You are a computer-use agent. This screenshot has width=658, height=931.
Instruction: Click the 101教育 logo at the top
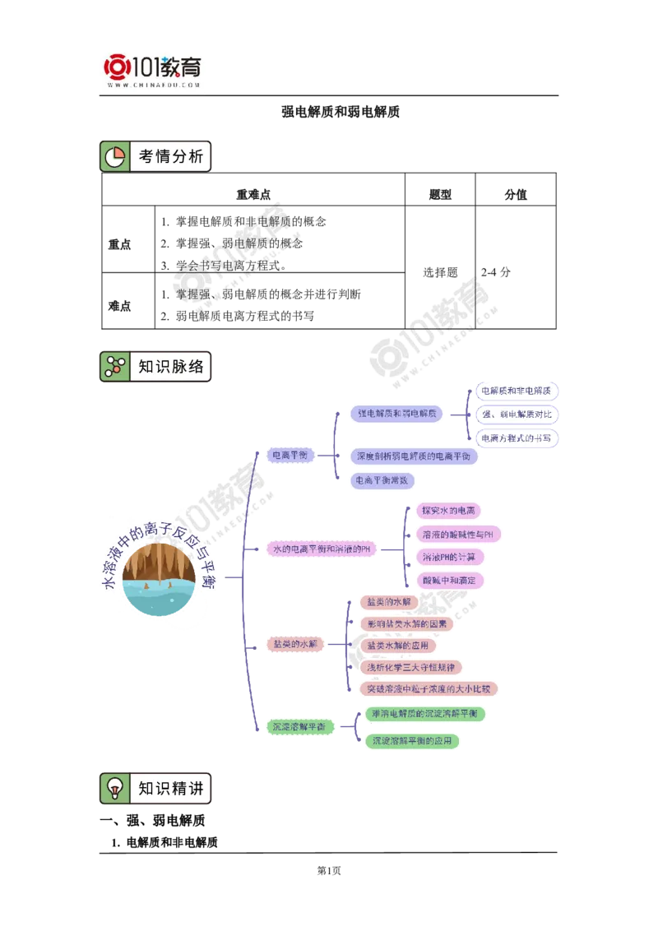click(155, 70)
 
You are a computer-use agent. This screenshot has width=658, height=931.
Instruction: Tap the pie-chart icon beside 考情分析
click(115, 156)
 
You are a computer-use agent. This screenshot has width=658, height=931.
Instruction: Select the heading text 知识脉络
click(170, 367)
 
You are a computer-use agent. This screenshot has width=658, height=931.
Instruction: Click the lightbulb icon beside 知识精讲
click(115, 788)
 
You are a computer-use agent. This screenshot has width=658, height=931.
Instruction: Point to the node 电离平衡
click(290, 455)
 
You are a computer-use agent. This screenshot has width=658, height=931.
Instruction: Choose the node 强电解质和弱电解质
click(397, 415)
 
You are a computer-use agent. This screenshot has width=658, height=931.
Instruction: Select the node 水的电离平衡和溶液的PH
click(322, 549)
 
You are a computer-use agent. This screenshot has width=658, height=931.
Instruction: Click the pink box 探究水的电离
click(448, 511)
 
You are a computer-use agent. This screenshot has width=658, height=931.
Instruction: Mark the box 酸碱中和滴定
click(448, 580)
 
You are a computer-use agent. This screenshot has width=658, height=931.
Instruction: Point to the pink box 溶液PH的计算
click(448, 557)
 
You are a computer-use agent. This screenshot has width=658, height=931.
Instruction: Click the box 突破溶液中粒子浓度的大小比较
click(429, 688)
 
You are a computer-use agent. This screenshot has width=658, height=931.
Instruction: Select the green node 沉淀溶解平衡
click(298, 727)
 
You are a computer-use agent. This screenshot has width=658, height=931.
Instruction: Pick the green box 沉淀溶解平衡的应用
click(412, 741)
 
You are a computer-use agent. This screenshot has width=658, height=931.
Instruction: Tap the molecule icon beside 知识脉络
click(115, 367)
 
